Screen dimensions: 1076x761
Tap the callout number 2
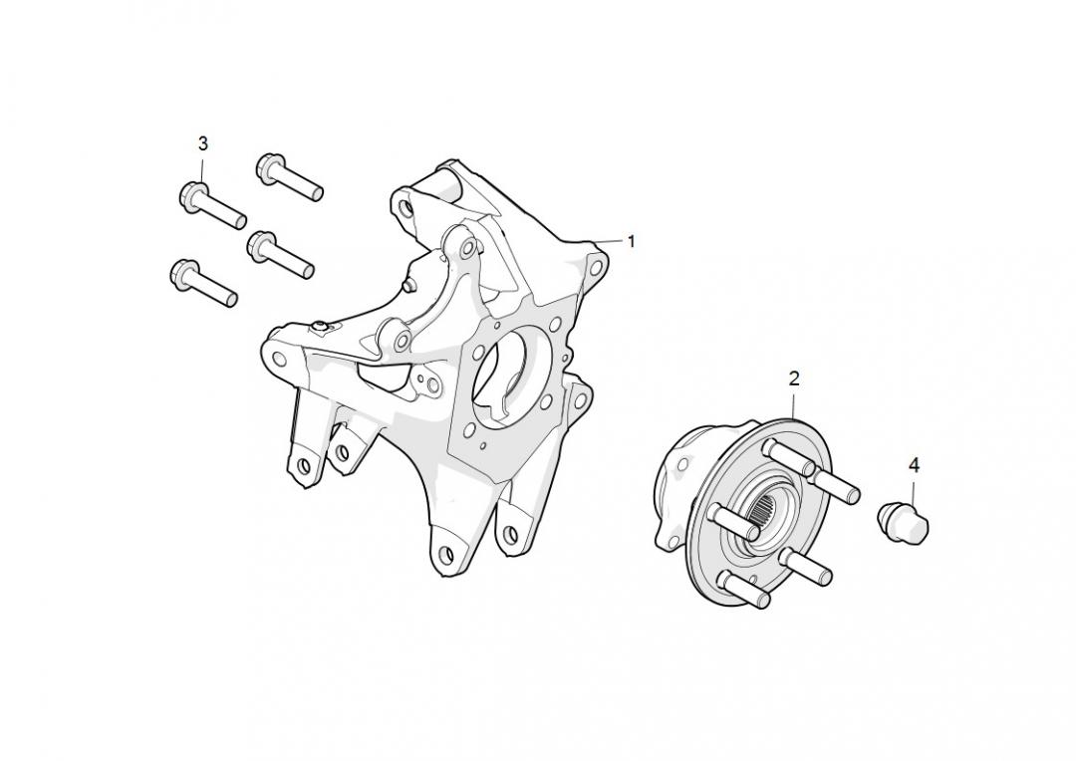794,379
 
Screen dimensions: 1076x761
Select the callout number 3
202,143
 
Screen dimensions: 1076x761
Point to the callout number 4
914,465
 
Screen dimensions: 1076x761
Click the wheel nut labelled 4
904,520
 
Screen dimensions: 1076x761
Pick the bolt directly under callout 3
212,204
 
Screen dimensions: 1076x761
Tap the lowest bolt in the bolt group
203,283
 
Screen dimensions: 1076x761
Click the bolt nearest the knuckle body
281,255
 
